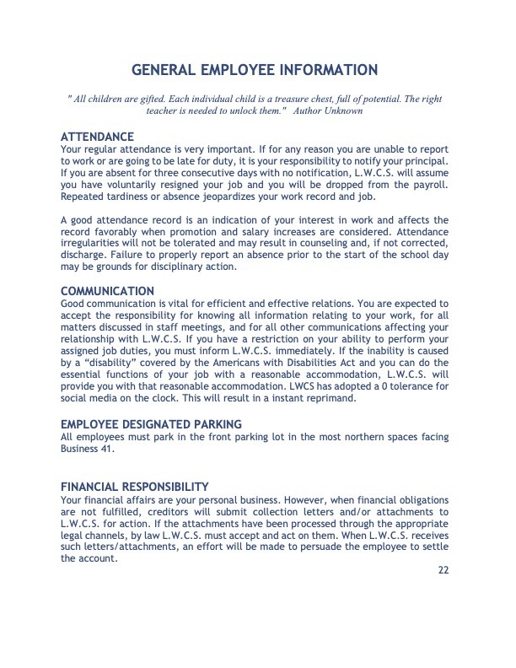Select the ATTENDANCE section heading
click(98, 136)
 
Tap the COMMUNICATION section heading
click(108, 291)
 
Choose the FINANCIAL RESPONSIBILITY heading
click(135, 487)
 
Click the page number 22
click(443, 570)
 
